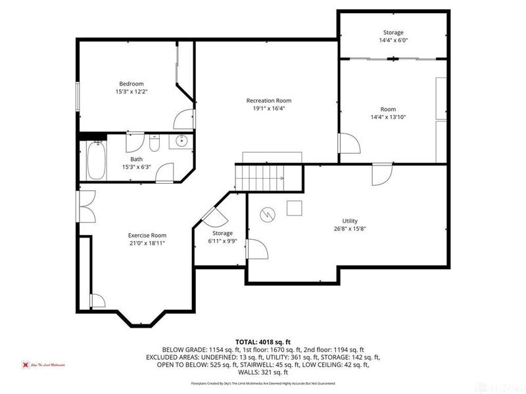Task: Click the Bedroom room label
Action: [130, 83]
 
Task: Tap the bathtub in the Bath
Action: [96, 160]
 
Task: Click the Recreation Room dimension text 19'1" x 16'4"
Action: [268, 108]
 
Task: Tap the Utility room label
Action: [349, 221]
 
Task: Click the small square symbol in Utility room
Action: [295, 208]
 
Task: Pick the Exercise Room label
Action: [147, 235]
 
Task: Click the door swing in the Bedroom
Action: [179, 120]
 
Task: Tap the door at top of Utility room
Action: [381, 174]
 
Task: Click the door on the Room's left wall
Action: [347, 145]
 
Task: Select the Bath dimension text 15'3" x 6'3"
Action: [136, 167]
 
